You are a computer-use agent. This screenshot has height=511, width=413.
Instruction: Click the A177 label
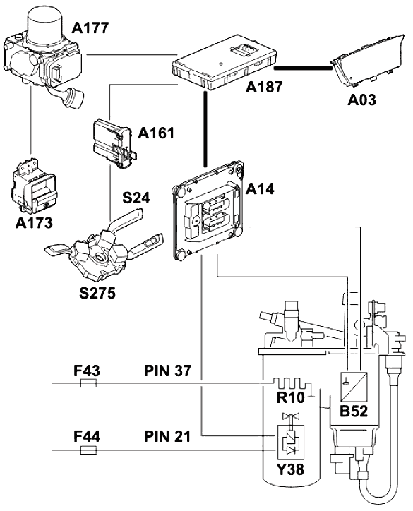coord(90,28)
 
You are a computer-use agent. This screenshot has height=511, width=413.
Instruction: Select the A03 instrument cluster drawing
coord(368,60)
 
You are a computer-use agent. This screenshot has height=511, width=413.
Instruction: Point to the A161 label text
coord(156,133)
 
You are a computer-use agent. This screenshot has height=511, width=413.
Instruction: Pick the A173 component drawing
coord(33,186)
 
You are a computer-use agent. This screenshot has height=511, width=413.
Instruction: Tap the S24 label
coord(136,198)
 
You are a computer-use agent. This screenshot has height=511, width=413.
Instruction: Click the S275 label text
coord(97,293)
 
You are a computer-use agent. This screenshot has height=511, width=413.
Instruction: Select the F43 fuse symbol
coord(88,383)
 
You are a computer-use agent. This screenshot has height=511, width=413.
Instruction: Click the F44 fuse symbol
coord(88,450)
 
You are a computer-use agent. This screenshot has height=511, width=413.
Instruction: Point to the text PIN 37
coord(167,371)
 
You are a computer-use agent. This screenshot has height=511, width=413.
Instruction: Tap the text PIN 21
coord(167,436)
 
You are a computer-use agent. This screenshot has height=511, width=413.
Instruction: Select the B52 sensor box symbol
coord(354,387)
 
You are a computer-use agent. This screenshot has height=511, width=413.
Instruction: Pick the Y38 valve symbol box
coord(290,441)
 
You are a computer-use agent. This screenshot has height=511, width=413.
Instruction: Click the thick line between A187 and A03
coord(303,68)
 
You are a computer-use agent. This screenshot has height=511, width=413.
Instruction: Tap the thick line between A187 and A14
coord(205,129)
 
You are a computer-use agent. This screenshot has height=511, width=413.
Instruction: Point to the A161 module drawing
coord(114,143)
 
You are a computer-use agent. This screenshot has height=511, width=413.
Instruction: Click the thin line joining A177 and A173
coord(30,119)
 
